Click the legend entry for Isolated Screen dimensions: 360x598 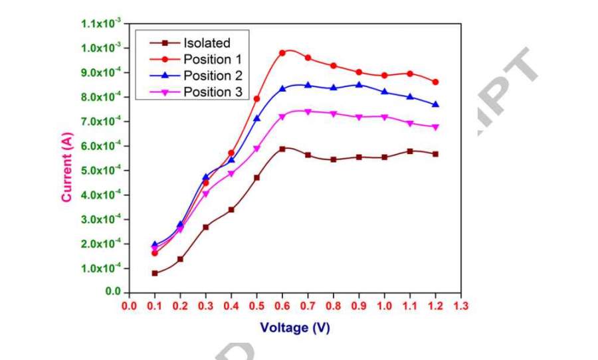click(x=206, y=43)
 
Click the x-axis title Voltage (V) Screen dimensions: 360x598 click(x=295, y=327)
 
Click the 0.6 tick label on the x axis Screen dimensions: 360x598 click(x=282, y=306)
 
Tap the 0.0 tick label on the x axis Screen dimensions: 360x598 click(x=130, y=306)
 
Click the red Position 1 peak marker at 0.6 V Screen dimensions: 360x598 click(x=282, y=53)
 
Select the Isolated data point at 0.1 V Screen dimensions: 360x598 click(x=155, y=273)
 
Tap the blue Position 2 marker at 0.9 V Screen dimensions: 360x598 click(x=359, y=85)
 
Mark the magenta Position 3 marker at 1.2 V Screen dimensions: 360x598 click(x=436, y=127)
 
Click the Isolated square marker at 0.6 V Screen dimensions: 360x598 click(x=282, y=149)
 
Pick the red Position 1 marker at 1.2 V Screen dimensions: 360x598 click(x=436, y=82)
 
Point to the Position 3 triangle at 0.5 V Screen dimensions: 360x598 click(x=257, y=149)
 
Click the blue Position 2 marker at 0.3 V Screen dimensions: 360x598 click(x=206, y=177)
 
